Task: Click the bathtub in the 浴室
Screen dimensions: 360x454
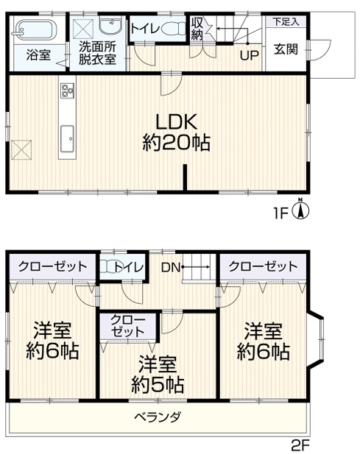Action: click(x=34, y=29)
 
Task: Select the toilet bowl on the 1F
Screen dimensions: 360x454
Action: click(x=173, y=29)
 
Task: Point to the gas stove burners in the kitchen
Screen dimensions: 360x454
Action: click(x=67, y=90)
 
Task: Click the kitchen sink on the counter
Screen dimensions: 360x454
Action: click(x=67, y=138)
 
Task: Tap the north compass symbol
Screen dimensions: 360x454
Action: click(x=301, y=209)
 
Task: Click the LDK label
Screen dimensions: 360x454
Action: click(x=177, y=121)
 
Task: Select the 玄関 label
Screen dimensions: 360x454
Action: click(x=286, y=49)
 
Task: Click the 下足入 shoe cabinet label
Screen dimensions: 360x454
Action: click(x=286, y=22)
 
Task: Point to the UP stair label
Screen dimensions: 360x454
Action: click(x=250, y=55)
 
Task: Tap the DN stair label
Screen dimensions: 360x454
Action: click(x=171, y=268)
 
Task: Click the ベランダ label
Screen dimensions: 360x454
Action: click(x=158, y=417)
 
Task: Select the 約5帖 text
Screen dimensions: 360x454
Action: click(x=158, y=385)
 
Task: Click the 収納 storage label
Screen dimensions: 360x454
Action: click(x=197, y=29)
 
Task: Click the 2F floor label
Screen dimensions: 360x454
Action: click(x=300, y=446)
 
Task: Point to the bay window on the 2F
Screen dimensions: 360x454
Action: click(x=316, y=338)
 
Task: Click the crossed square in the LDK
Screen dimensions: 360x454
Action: click(x=21, y=149)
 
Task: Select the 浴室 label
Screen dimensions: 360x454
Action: click(x=38, y=54)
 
